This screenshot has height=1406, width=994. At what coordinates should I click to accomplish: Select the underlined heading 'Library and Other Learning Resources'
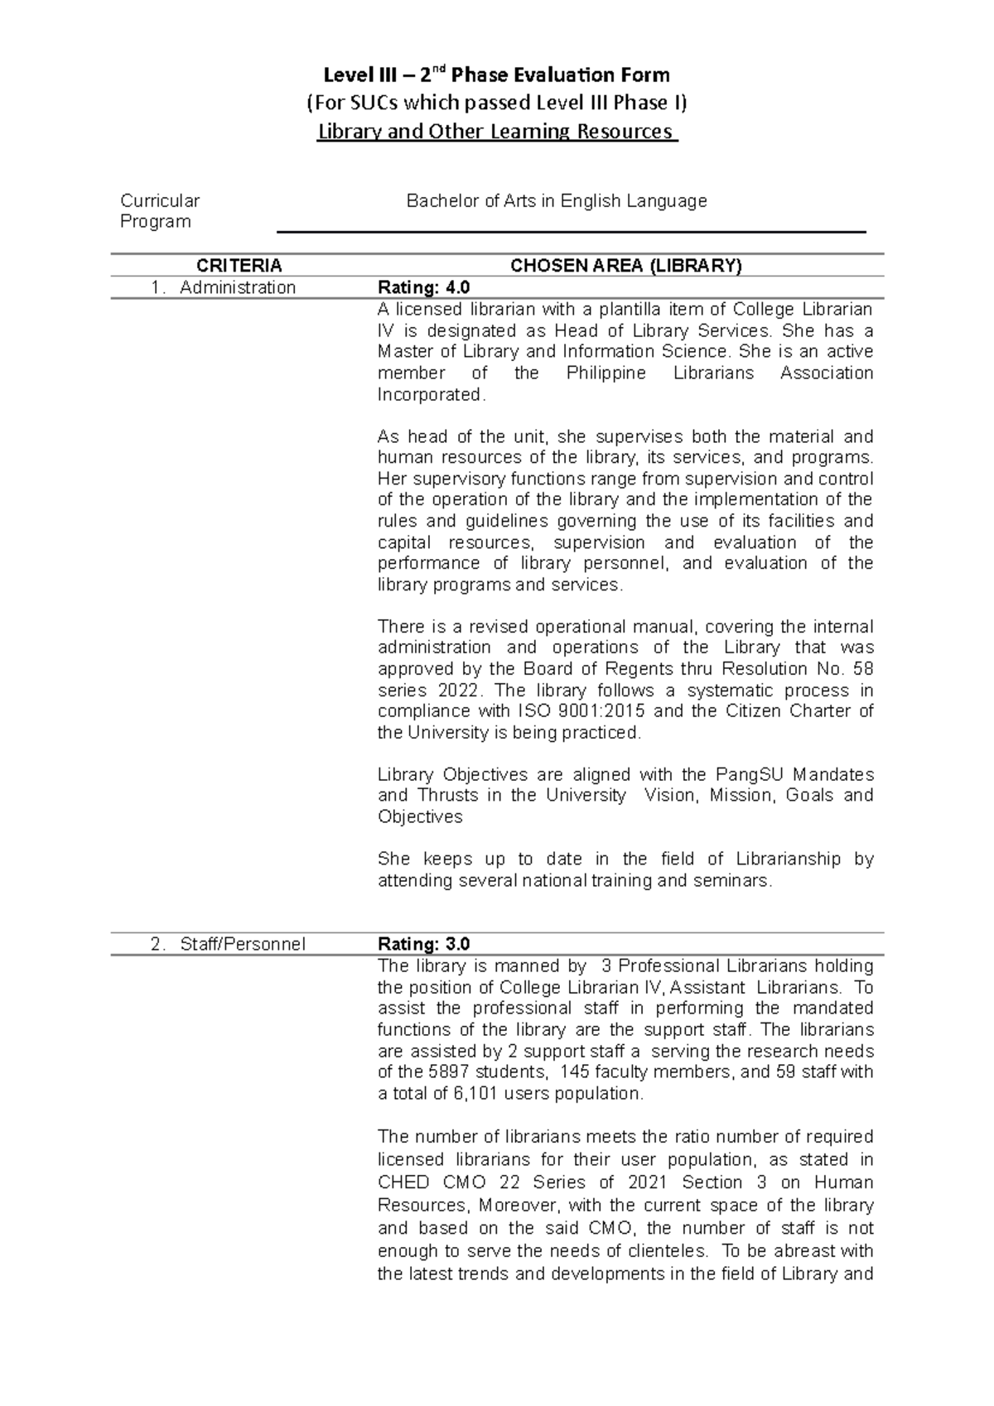[497, 131]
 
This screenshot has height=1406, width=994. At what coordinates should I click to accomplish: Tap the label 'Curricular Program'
[160, 211]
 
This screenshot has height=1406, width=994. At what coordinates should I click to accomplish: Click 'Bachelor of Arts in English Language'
[556, 200]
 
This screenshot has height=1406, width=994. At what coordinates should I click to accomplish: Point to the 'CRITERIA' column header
[239, 266]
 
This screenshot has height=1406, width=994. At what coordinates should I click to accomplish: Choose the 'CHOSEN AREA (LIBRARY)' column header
[626, 266]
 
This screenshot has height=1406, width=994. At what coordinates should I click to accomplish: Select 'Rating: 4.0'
[423, 287]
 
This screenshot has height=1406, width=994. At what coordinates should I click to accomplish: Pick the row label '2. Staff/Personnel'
[228, 944]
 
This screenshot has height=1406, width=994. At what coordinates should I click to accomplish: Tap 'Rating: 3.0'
[423, 944]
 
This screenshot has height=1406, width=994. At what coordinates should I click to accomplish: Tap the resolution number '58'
[863, 669]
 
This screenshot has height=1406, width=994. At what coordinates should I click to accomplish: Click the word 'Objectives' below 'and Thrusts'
[420, 817]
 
